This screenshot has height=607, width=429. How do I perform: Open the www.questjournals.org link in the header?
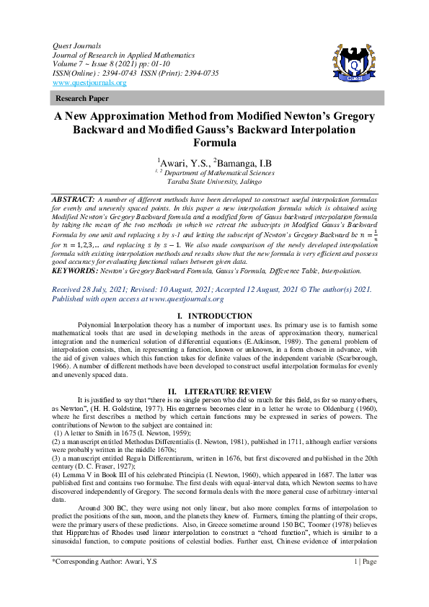pyautogui.click(x=89, y=83)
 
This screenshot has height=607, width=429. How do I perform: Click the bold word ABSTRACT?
pyautogui.click(x=74, y=198)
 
